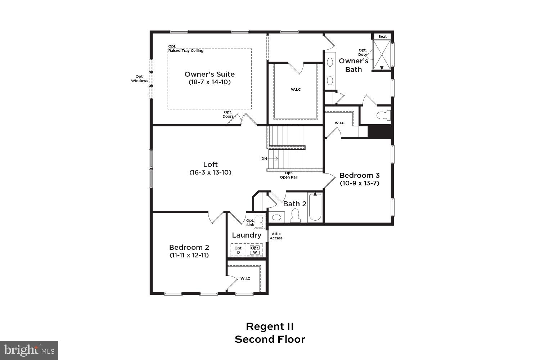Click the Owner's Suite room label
(210, 74)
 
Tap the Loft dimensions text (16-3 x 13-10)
(210, 172)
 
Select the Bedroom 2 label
(189, 247)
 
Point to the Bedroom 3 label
(359, 175)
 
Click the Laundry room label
(247, 235)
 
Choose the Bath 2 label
(294, 204)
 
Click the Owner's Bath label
(353, 65)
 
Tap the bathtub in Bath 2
(315, 207)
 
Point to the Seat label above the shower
(382, 36)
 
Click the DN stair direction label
(264, 159)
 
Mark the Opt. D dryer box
(238, 250)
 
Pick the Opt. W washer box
(255, 250)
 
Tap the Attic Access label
(276, 236)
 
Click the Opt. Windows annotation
(139, 78)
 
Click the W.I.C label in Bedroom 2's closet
(245, 278)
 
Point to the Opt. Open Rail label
(289, 175)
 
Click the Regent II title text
(270, 327)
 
